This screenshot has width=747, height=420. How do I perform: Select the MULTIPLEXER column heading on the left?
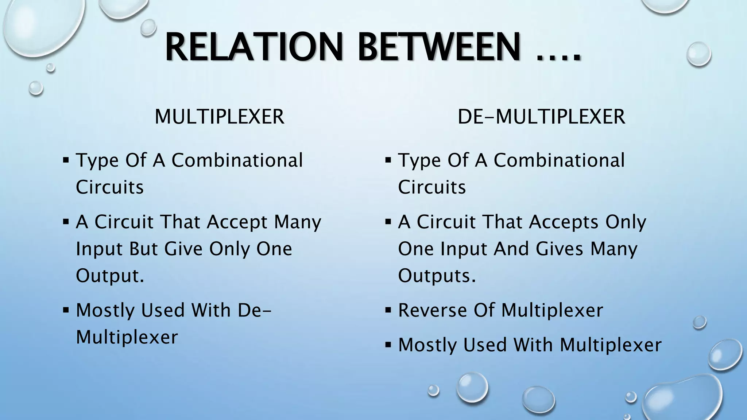(x=219, y=117)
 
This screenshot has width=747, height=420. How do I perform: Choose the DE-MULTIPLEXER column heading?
(x=541, y=117)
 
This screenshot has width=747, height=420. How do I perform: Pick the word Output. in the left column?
(x=110, y=276)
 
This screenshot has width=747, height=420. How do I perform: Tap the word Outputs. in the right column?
(x=437, y=276)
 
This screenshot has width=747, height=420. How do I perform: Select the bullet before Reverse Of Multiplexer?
(x=388, y=311)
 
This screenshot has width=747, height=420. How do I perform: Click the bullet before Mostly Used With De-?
(x=66, y=311)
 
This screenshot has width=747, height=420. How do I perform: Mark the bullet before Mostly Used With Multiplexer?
(x=388, y=345)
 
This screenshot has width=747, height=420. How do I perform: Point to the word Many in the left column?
(x=298, y=222)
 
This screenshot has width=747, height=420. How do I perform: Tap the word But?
(x=143, y=249)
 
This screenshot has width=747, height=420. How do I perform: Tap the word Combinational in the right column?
(x=559, y=160)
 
